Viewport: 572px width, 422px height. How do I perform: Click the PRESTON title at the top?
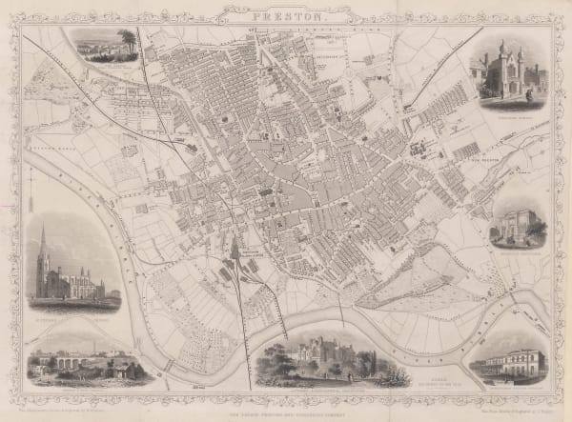(x=286, y=16)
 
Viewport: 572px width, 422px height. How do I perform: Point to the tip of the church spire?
(x=42, y=227)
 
